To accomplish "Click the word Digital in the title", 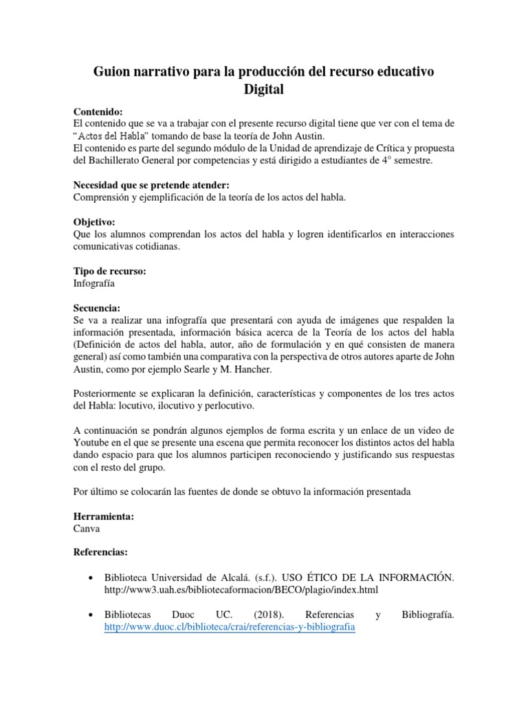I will (264, 89).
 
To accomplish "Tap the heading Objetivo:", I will (94, 223).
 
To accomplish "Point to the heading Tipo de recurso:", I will (109, 271).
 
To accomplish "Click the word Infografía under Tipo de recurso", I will (94, 283).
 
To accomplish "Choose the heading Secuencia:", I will (97, 308).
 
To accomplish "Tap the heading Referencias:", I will (100, 552).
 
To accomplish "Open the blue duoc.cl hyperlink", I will (230, 628).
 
